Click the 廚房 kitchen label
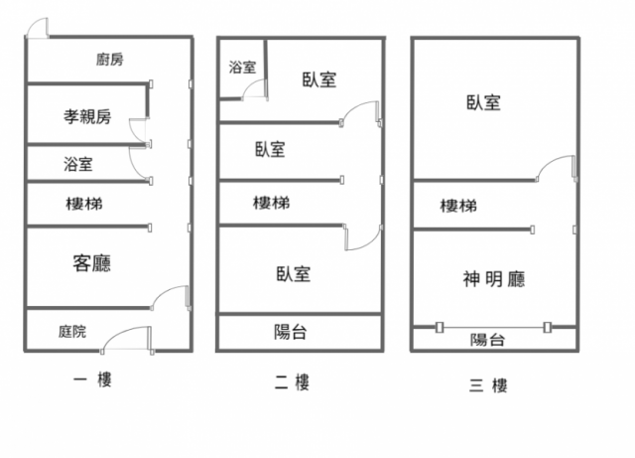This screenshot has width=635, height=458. coord(110,60)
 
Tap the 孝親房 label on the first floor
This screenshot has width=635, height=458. coord(87,116)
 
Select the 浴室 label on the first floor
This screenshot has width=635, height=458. coord(78,163)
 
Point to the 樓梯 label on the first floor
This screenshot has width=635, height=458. coord(83,204)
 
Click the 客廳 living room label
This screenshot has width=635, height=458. coord(91,262)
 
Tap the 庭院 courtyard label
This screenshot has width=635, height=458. coord(72,331)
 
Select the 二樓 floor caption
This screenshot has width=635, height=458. coord(292,382)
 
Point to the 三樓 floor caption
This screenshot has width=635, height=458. coord(489,383)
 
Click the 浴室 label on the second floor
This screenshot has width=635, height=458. coord(242,68)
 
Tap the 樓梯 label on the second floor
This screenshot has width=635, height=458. coord(271,203)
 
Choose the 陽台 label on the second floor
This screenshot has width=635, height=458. coord(290,332)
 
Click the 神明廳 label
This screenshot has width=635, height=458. coord(493,278)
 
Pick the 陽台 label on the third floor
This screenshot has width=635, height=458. coord(487,340)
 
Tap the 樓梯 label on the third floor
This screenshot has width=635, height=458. coord(458,206)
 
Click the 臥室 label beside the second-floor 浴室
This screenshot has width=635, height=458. coord(319,79)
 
